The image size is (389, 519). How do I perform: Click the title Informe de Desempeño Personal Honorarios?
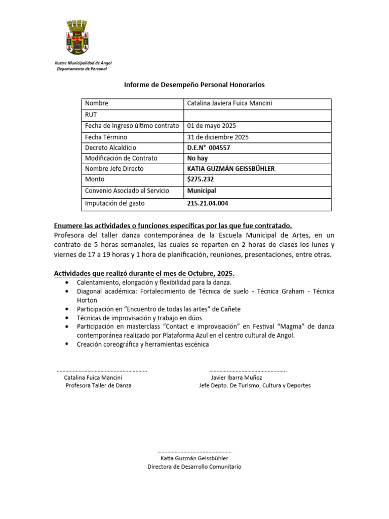pos(194,85)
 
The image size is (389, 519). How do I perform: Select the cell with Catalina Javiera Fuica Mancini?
pos(229,103)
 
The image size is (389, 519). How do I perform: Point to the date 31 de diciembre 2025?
pos(218,137)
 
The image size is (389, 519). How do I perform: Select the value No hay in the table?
pos(198,158)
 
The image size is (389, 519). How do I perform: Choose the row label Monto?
pos(95,179)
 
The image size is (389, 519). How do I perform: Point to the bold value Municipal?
pos(202,191)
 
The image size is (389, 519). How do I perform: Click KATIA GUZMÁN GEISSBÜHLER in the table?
pos(230,168)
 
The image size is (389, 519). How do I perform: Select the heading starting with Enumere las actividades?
pos(173,226)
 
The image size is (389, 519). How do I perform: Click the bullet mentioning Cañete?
pos(159,309)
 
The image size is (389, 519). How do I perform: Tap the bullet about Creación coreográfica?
pos(142,345)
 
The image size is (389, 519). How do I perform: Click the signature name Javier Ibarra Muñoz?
pos(237,378)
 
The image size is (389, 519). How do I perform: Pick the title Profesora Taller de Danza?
pos(98,386)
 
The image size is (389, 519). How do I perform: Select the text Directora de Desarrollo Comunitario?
pos(194,466)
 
